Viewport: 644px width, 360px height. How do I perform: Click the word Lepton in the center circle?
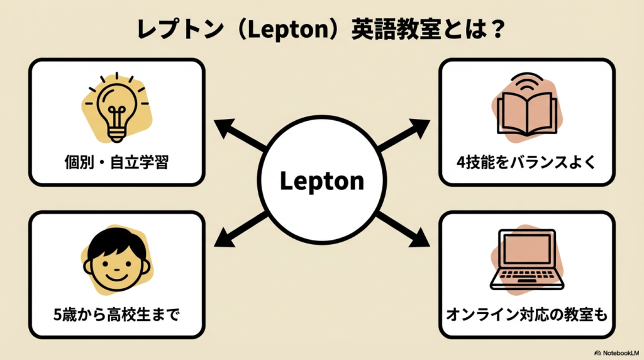coord(321,181)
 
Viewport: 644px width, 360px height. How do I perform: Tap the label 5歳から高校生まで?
coord(116,313)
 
